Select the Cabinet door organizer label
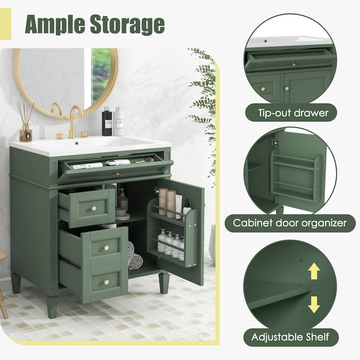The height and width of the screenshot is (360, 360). [290, 223]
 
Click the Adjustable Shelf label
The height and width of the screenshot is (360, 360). [290, 336]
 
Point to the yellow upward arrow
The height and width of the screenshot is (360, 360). [314, 271]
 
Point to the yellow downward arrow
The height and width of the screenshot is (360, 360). [314, 304]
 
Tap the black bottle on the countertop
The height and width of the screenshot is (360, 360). [107, 122]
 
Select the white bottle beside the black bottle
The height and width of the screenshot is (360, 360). [118, 122]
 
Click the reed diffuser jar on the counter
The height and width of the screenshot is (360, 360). [26, 133]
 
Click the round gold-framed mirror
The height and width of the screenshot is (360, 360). [66, 81]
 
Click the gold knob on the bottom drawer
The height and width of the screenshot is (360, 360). [106, 282]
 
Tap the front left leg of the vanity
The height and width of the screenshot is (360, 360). [52, 306]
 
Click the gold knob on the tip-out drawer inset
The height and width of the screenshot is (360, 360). [293, 65]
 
